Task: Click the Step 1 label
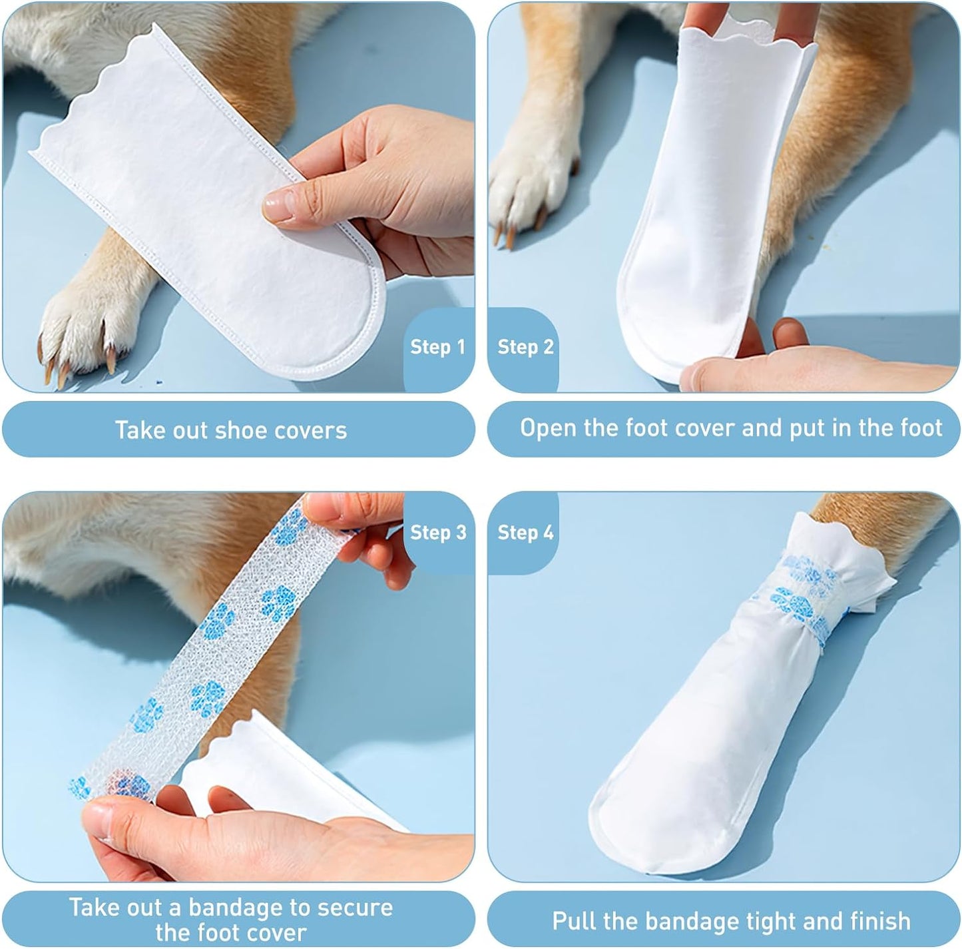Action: pos(437,347)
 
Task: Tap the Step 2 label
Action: pos(525,347)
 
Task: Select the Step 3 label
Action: pos(438,533)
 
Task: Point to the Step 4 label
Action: pos(525,533)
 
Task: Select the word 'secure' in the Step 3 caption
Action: pos(353,908)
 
